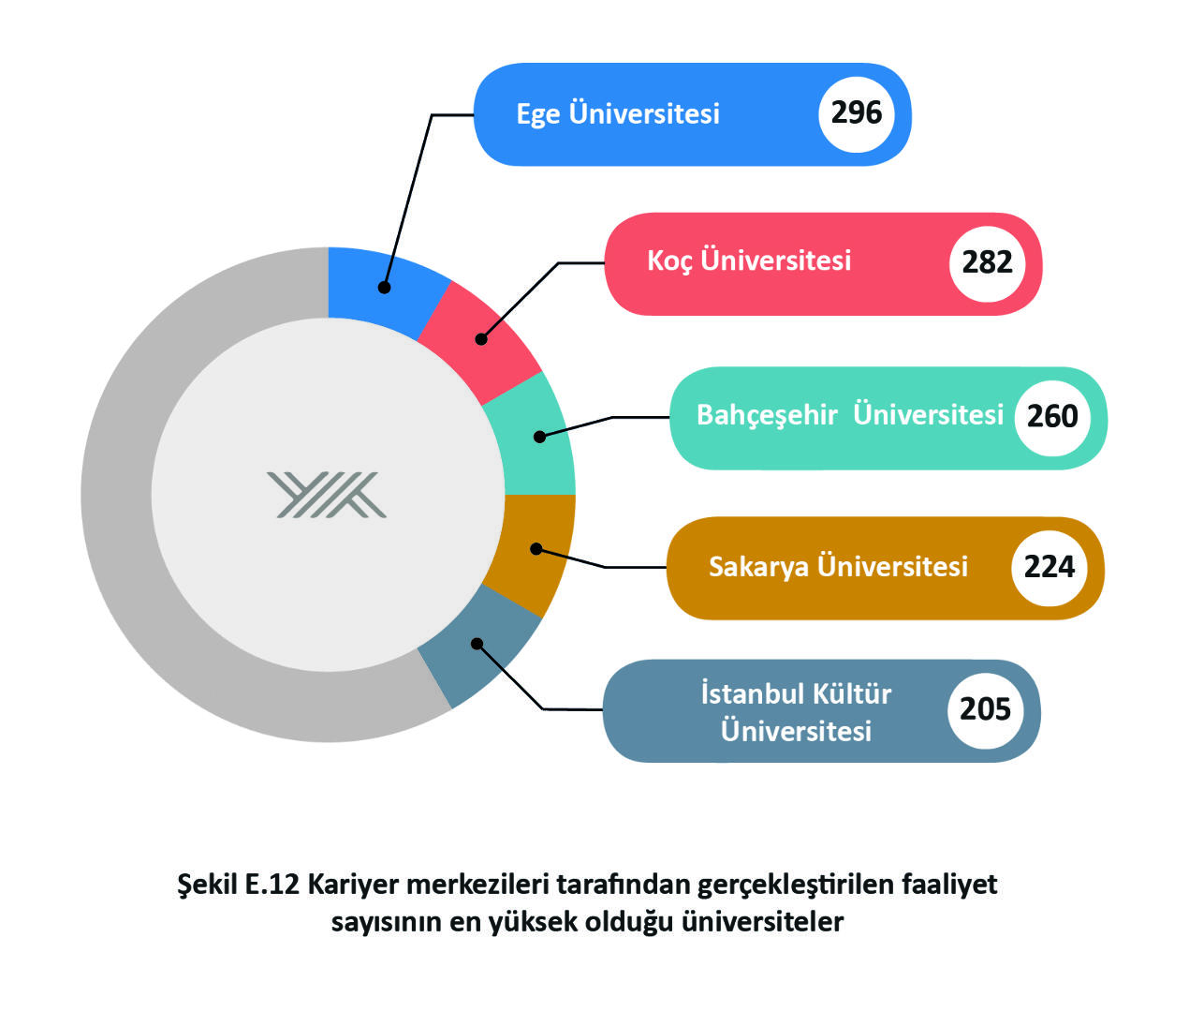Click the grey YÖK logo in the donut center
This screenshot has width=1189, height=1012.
pyautogui.click(x=327, y=495)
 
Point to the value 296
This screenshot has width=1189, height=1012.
pyautogui.click(x=857, y=112)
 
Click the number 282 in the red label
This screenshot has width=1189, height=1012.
pyautogui.click(x=987, y=262)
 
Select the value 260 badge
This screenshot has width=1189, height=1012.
pyautogui.click(x=1052, y=417)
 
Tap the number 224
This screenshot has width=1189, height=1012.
pyautogui.click(x=1050, y=568)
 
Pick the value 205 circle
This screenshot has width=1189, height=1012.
pyautogui.click(x=985, y=709)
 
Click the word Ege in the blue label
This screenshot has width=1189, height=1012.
pyautogui.click(x=537, y=115)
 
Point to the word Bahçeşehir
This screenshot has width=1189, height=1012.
pyautogui.click(x=767, y=416)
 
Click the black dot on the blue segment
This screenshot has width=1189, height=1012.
pyautogui.click(x=384, y=288)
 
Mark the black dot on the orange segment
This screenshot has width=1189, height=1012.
pyautogui.click(x=536, y=549)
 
